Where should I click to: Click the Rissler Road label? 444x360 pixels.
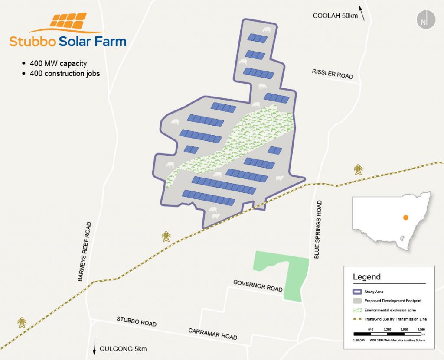click(333, 74)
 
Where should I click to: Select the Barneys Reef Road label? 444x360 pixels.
click(85, 252)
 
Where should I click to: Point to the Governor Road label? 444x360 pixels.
click(258, 285)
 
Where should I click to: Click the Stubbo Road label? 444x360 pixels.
click(137, 321)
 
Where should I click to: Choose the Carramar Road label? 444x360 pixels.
click(212, 334)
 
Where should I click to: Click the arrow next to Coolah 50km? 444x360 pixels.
click(362, 13)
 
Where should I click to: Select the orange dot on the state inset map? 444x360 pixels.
click(405, 217)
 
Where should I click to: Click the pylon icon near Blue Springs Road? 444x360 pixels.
click(358, 169)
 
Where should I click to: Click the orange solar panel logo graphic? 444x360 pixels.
click(67, 21)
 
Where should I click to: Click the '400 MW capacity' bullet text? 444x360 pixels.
click(58, 63)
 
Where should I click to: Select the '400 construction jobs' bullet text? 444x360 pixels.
click(65, 73)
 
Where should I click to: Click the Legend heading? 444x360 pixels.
click(367, 277)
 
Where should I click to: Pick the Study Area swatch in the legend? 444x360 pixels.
click(356, 292)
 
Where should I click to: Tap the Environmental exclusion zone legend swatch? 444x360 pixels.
click(356, 310)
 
